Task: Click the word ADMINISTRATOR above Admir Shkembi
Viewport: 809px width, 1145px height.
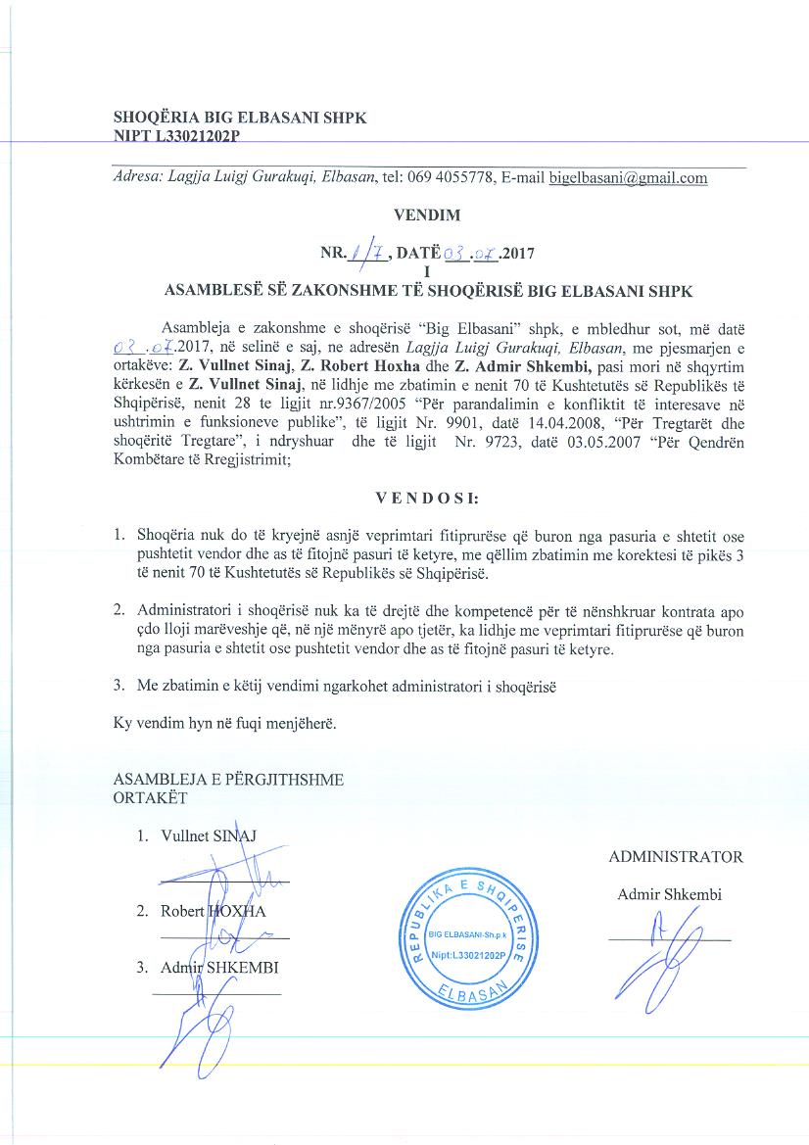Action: click(x=676, y=857)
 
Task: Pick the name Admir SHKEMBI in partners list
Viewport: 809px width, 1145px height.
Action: click(x=219, y=968)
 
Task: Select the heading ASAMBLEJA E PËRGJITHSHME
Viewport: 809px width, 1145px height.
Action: click(x=229, y=781)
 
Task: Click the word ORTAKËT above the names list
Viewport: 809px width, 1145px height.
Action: click(x=150, y=797)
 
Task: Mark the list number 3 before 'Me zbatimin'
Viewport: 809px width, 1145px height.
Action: click(x=119, y=687)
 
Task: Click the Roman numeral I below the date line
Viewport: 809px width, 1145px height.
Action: click(x=427, y=270)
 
